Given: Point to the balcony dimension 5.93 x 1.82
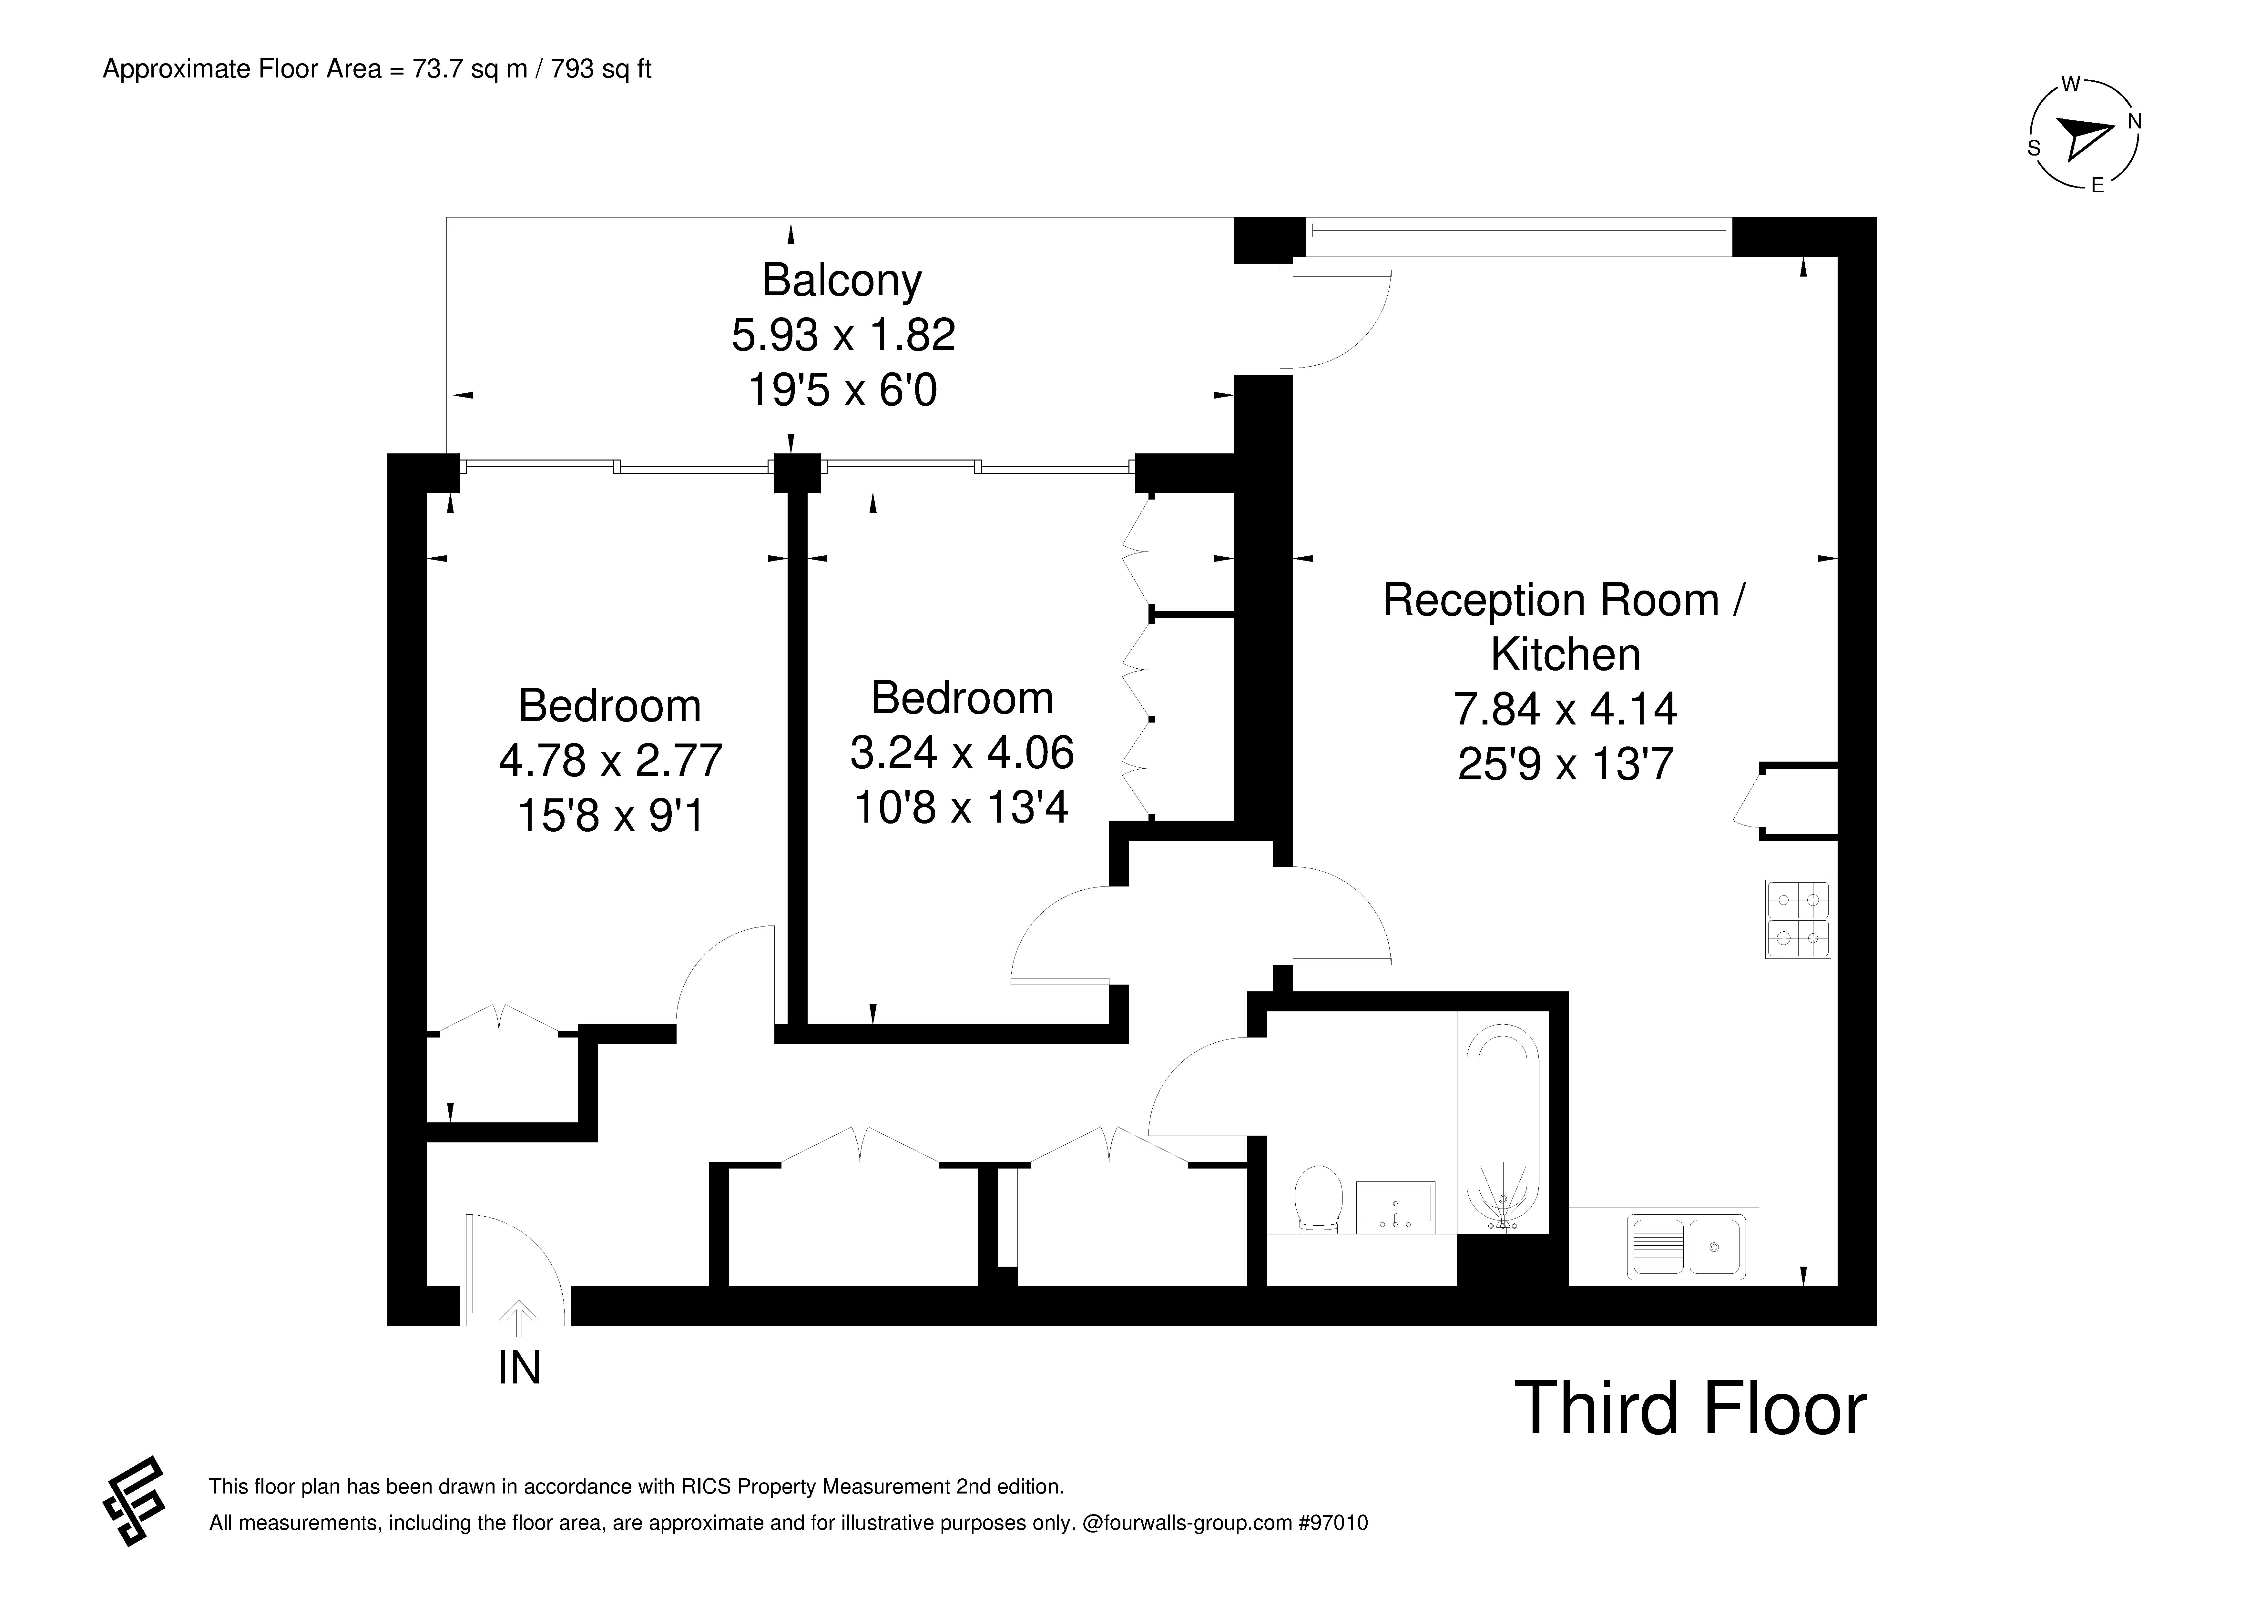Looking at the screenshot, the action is pyautogui.click(x=843, y=335).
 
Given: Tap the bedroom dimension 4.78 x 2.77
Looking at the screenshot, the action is pyautogui.click(x=611, y=761).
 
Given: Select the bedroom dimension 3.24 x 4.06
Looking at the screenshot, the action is pyautogui.click(x=962, y=753).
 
